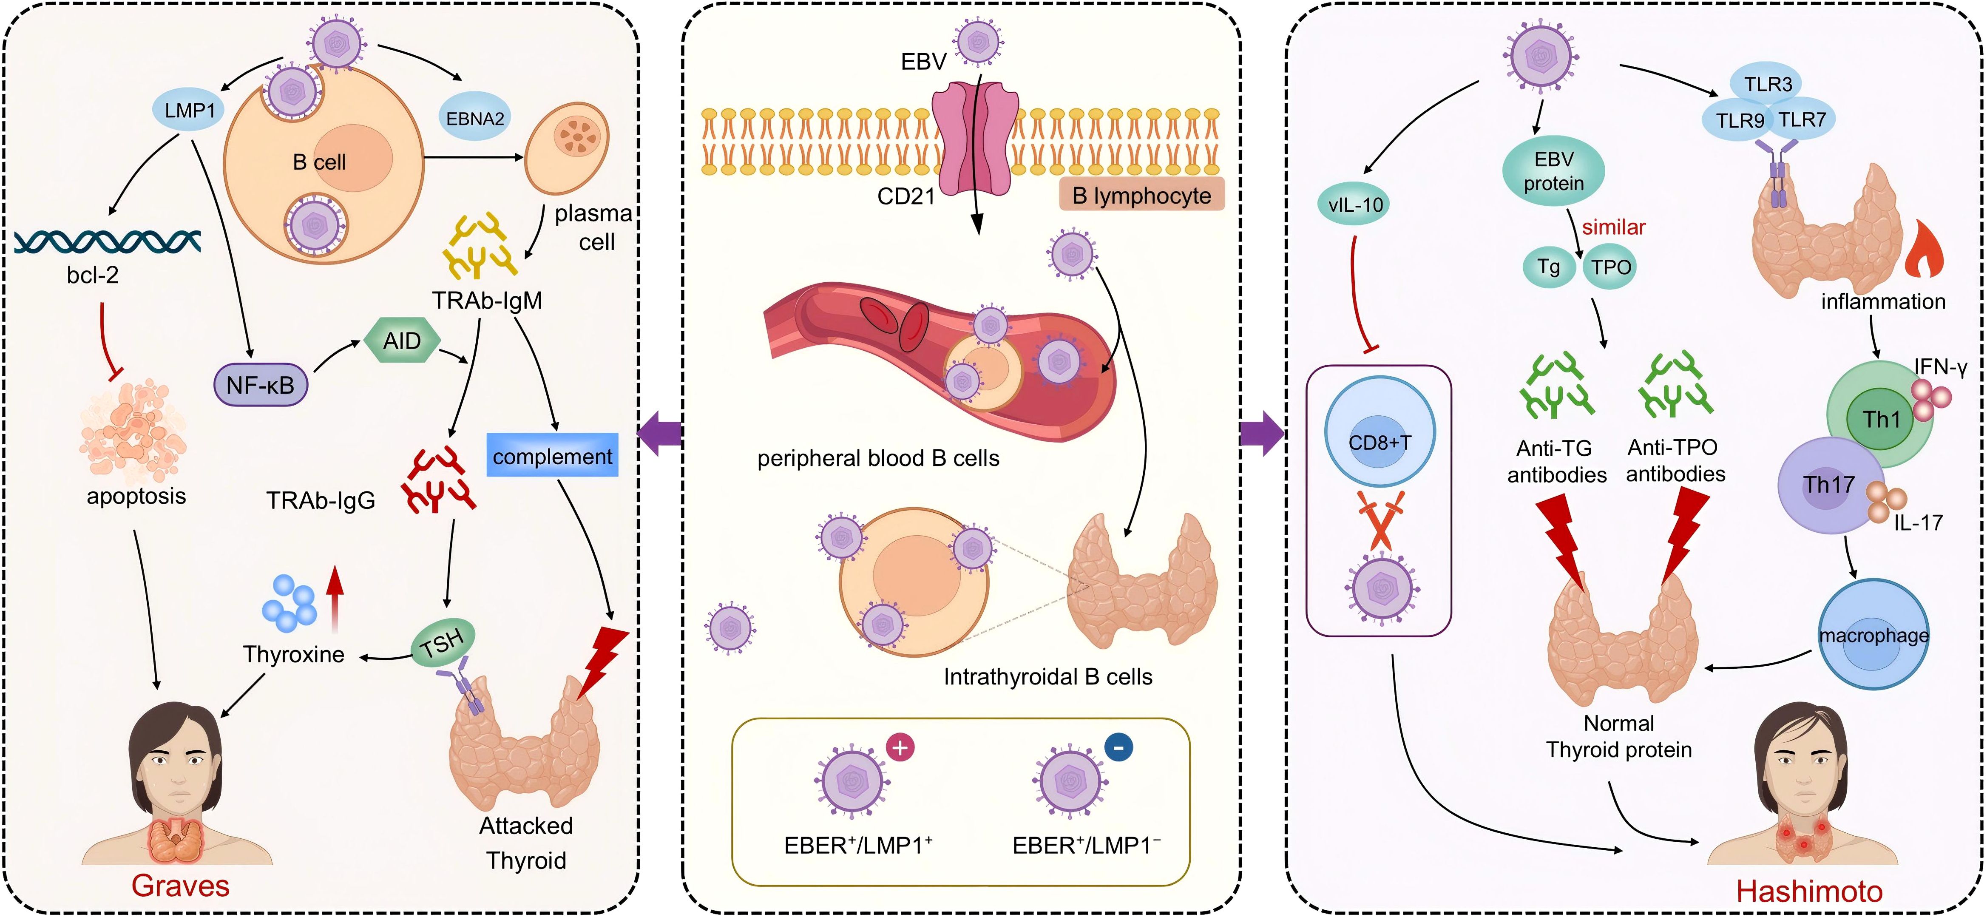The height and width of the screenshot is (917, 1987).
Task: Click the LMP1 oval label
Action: tap(190, 110)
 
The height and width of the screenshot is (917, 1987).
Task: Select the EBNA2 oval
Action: tap(475, 119)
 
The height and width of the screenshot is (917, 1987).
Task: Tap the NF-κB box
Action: tap(261, 385)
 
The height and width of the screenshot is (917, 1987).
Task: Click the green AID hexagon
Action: tap(402, 341)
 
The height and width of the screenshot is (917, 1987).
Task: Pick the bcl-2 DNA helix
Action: tap(108, 241)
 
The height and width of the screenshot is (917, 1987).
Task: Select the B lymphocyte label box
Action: tap(1141, 196)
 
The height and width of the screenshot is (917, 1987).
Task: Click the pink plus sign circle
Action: tap(900, 747)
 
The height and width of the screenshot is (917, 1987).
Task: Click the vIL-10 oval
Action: tap(1355, 204)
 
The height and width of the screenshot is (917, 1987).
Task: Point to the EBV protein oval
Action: tap(1553, 171)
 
